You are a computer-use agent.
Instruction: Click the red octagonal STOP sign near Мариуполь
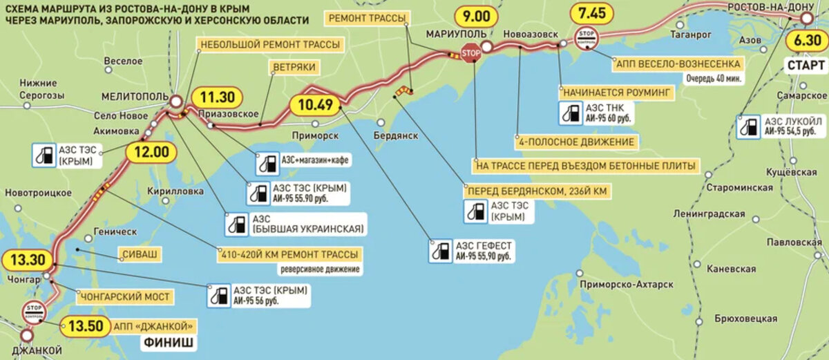click(470, 53)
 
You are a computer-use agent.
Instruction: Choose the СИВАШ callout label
click(140, 254)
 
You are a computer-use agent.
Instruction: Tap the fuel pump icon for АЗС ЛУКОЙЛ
click(748, 127)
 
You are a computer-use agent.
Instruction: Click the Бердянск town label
click(397, 135)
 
